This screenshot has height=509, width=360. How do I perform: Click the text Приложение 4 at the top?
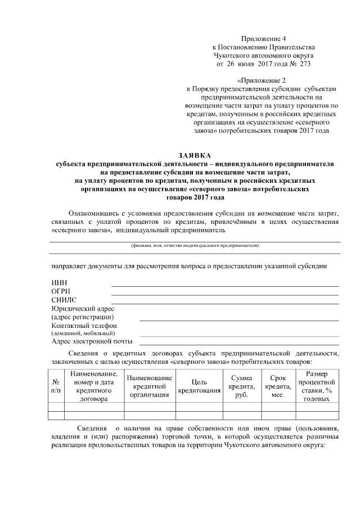click(263, 38)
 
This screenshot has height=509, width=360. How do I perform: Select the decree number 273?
click(305, 64)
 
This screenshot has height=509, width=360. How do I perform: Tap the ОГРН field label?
click(61, 291)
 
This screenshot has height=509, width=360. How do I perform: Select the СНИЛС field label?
click(64, 300)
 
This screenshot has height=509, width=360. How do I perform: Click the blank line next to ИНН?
click(225, 286)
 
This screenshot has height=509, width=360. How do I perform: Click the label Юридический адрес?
click(83, 309)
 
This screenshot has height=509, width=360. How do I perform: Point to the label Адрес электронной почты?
click(92, 341)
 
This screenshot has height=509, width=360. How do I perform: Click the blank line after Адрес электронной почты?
click(239, 344)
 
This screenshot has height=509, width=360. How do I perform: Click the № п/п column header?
click(56, 385)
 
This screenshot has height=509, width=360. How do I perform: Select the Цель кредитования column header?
click(199, 385)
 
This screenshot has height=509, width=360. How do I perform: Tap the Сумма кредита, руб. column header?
click(242, 385)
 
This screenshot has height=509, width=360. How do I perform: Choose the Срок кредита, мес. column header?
click(278, 385)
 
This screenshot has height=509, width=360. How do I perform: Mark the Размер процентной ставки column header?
click(316, 385)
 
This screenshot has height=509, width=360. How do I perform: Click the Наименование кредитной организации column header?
click(150, 385)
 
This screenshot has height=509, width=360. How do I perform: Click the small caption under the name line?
click(195, 246)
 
